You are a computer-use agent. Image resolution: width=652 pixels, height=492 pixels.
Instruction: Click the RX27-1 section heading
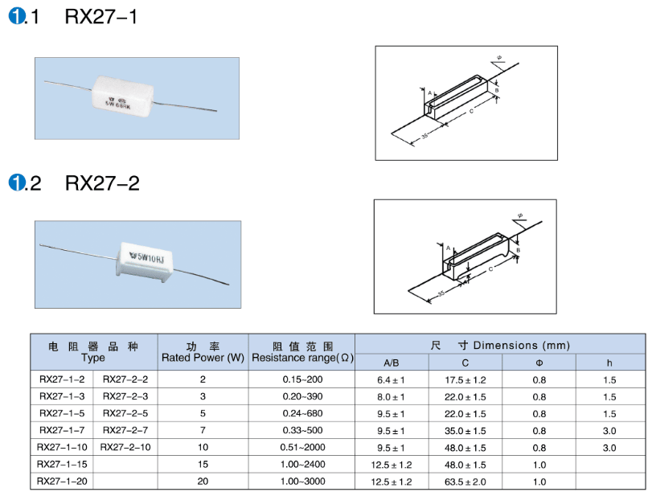pyautogui.click(x=73, y=17)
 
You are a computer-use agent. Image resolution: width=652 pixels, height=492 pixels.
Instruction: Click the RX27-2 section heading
pyautogui.click(x=74, y=183)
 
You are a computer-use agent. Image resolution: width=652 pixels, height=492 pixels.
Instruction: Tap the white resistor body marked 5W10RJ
pyautogui.click(x=144, y=263)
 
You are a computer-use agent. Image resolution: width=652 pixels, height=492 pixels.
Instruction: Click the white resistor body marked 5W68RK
pyautogui.click(x=122, y=98)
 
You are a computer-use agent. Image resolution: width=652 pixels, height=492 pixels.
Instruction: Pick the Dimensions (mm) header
pyautogui.click(x=500, y=345)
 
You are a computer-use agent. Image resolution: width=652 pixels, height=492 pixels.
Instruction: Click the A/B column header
pyautogui.click(x=392, y=363)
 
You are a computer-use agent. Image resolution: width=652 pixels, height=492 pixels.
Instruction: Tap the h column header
pyautogui.click(x=609, y=363)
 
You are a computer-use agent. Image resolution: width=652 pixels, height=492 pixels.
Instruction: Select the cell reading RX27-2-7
pyautogui.click(x=125, y=430)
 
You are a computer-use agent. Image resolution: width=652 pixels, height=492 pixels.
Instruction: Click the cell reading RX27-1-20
pyautogui.click(x=62, y=482)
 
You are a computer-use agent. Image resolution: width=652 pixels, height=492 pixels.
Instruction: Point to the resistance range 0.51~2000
pyautogui.click(x=303, y=447)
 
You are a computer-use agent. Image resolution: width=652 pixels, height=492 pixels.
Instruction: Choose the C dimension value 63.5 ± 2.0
pyautogui.click(x=465, y=482)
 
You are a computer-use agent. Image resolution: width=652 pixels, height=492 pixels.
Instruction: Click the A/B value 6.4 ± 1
pyautogui.click(x=391, y=379)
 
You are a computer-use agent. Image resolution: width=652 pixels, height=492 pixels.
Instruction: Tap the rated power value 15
pyautogui.click(x=203, y=464)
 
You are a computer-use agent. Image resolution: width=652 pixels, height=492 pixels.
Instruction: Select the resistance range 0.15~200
pyautogui.click(x=303, y=379)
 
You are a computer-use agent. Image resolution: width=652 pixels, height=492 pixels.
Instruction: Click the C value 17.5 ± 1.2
pyautogui.click(x=465, y=379)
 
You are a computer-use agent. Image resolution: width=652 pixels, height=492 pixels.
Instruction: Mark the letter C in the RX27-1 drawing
pyautogui.click(x=471, y=111)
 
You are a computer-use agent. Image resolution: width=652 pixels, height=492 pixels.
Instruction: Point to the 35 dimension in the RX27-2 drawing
pyautogui.click(x=441, y=293)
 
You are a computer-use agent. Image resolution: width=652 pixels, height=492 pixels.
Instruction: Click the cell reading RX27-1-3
pyautogui.click(x=62, y=396)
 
